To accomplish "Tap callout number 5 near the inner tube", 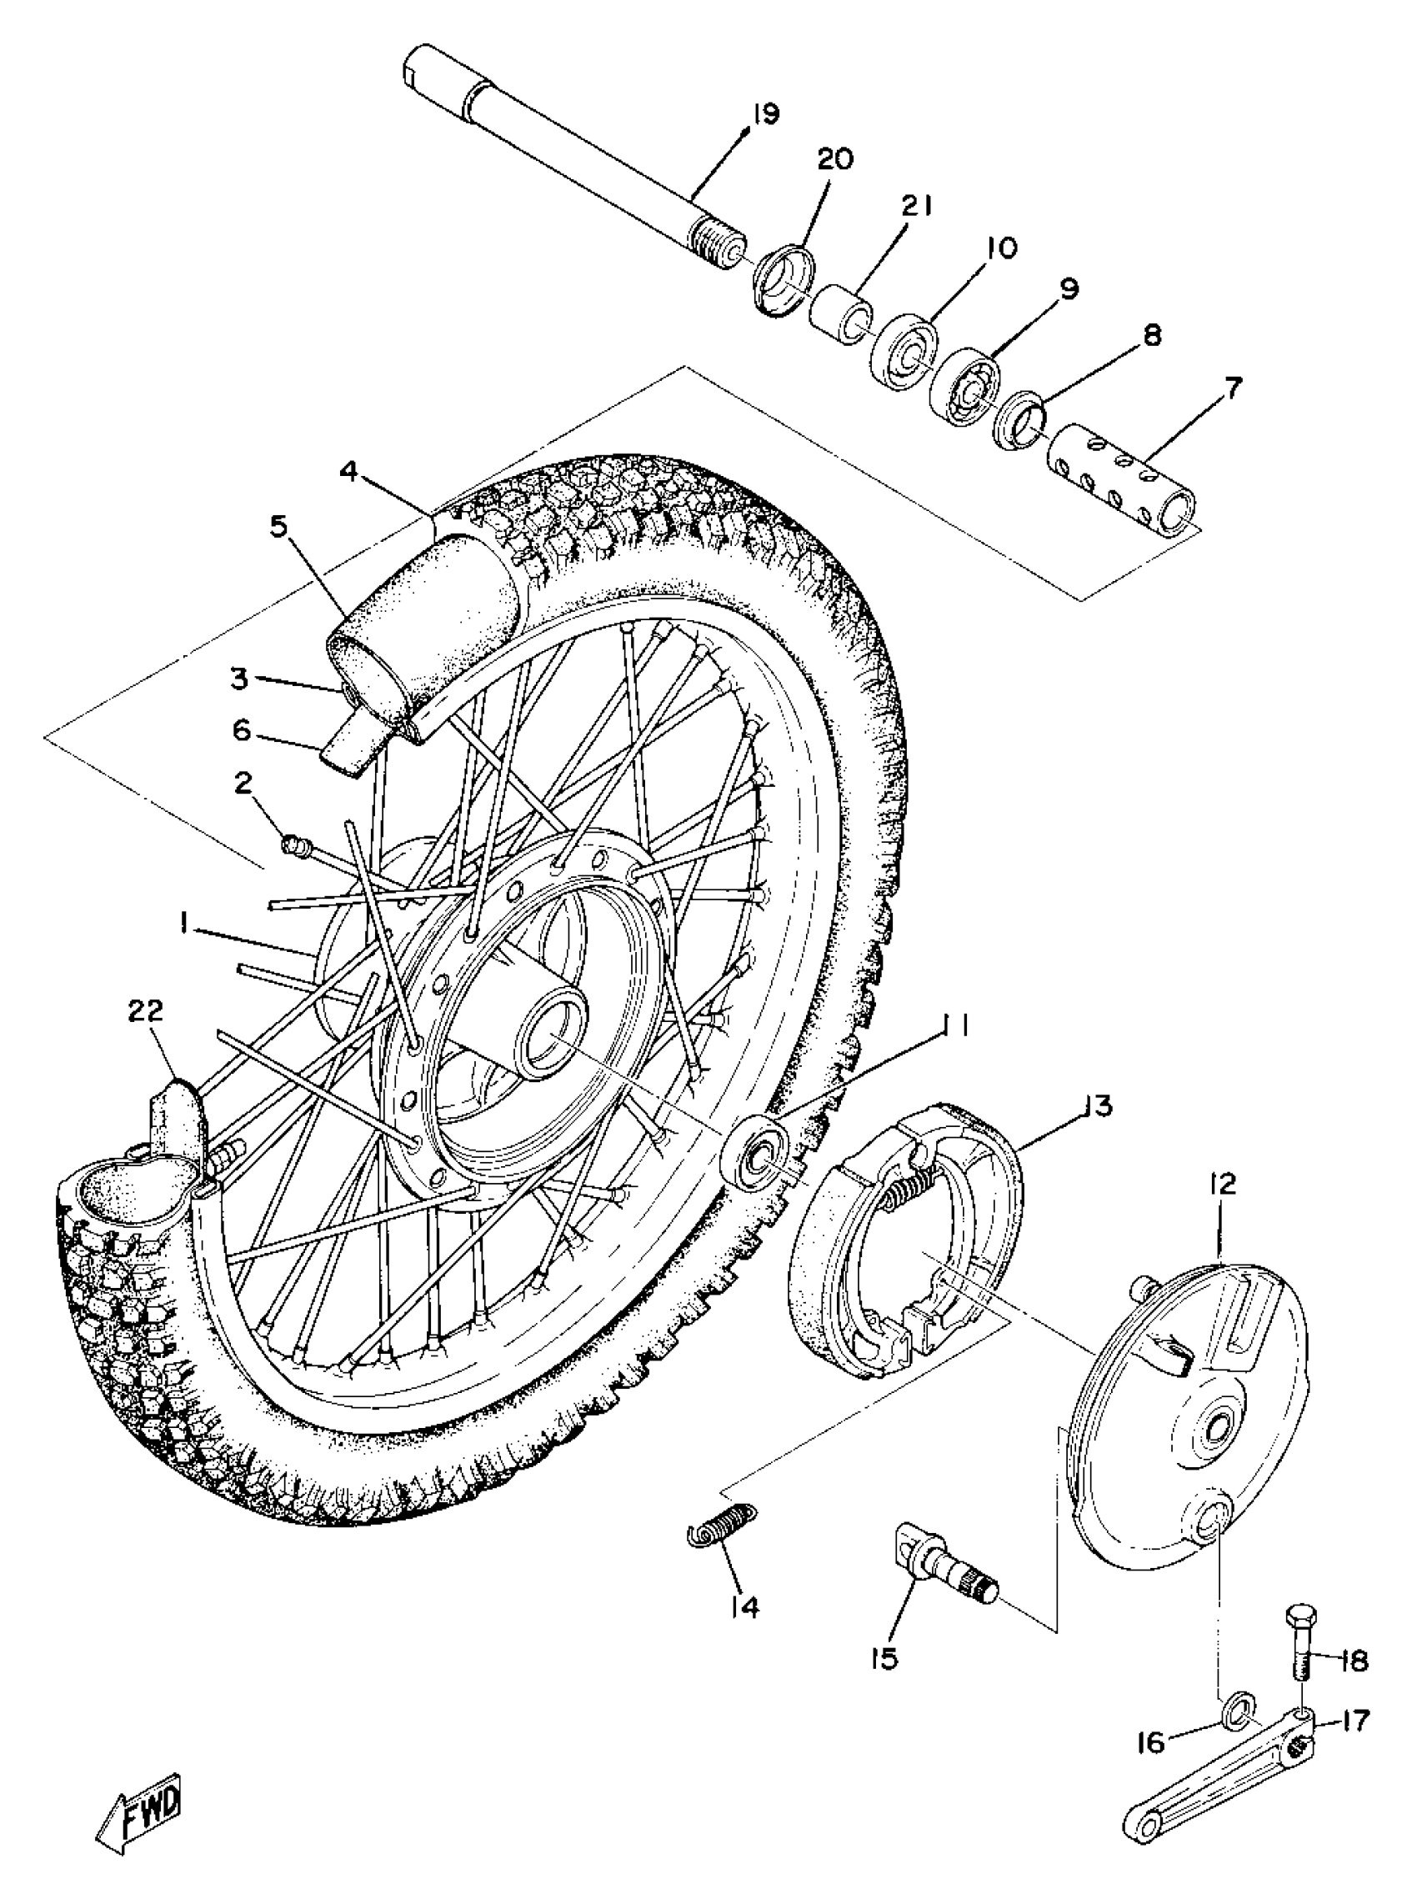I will pyautogui.click(x=278, y=526).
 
